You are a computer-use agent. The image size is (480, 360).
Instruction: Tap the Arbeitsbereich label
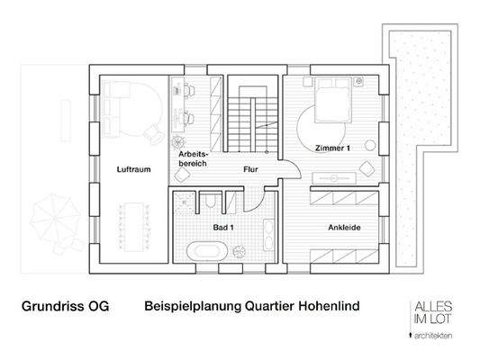(194, 159)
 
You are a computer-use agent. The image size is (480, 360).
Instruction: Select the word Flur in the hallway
(252, 169)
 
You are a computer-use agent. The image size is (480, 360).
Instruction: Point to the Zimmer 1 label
(333, 147)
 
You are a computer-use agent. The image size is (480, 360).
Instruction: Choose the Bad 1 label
(223, 228)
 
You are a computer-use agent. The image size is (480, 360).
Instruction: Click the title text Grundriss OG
(64, 306)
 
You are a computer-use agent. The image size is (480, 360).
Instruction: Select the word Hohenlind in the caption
(322, 306)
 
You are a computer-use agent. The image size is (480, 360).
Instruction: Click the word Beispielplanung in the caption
(188, 306)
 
